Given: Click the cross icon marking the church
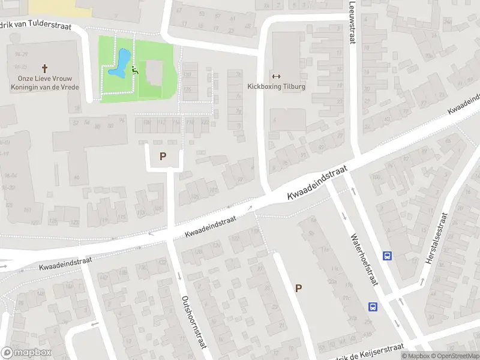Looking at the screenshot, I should (x=45, y=68).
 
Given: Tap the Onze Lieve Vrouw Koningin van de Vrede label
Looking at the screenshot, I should (x=45, y=82).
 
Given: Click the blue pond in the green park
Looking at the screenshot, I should (x=119, y=64).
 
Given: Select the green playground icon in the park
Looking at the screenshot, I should (x=135, y=71).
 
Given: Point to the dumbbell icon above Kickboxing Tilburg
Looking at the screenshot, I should (x=276, y=76).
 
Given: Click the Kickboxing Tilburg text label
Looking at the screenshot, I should (x=276, y=86).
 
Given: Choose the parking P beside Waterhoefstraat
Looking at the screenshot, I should (x=298, y=288).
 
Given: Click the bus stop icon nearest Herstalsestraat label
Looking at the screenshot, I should (x=388, y=256).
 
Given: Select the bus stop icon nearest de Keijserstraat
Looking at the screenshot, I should (x=373, y=307).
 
